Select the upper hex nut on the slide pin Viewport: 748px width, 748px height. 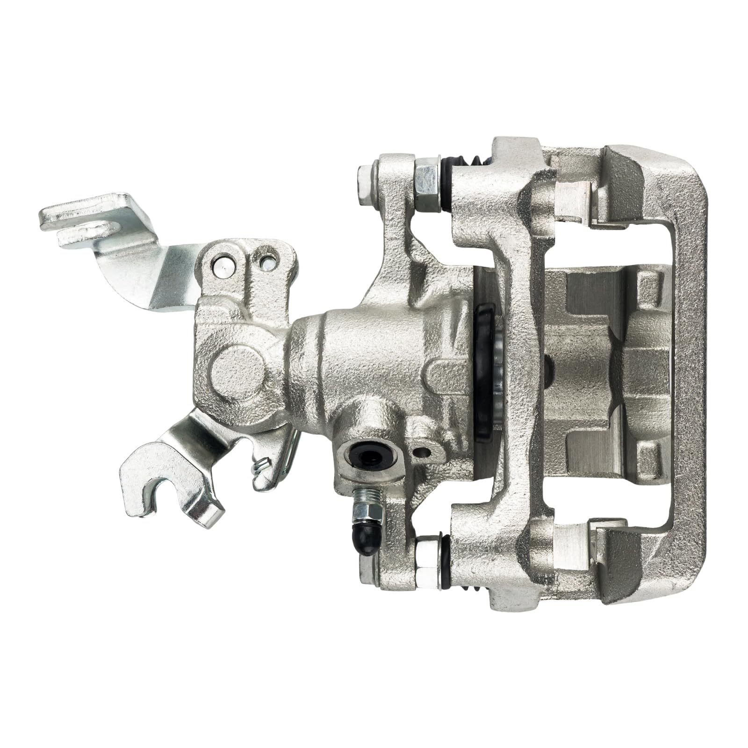point(426,179)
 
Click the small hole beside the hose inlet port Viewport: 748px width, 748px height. point(423,452)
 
